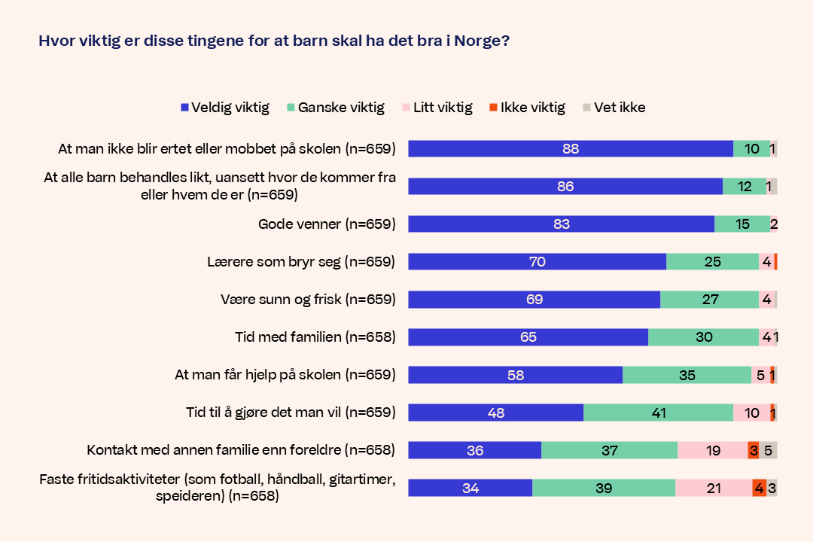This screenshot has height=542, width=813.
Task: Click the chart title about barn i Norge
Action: [x=274, y=41]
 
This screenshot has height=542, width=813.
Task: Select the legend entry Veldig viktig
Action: [x=225, y=108]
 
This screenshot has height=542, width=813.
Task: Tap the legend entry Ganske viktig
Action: [x=336, y=108]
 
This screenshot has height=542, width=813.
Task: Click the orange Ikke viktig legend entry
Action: [x=527, y=108]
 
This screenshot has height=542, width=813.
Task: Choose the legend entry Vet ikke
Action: [x=614, y=108]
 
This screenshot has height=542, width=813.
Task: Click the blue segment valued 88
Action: [x=571, y=149]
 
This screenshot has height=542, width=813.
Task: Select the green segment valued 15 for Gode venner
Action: [x=741, y=224]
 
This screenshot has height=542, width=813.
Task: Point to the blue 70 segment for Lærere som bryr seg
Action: [x=537, y=262]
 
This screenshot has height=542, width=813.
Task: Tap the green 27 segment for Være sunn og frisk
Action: [x=709, y=300]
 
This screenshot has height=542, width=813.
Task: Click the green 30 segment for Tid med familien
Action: [x=703, y=337]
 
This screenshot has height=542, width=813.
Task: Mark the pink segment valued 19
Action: [x=712, y=450]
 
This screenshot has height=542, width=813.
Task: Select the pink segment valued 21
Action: [x=713, y=488]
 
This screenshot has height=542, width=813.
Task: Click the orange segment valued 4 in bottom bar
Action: [x=759, y=488]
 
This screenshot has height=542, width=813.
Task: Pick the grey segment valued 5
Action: [x=768, y=450]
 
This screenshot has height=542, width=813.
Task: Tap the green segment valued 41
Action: [x=658, y=413]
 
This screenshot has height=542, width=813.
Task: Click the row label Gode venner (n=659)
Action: [x=327, y=224]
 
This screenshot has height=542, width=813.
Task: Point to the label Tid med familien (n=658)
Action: [x=315, y=337]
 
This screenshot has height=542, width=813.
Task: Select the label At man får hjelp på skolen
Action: [x=285, y=375]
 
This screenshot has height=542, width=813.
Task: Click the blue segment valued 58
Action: [x=515, y=375]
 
